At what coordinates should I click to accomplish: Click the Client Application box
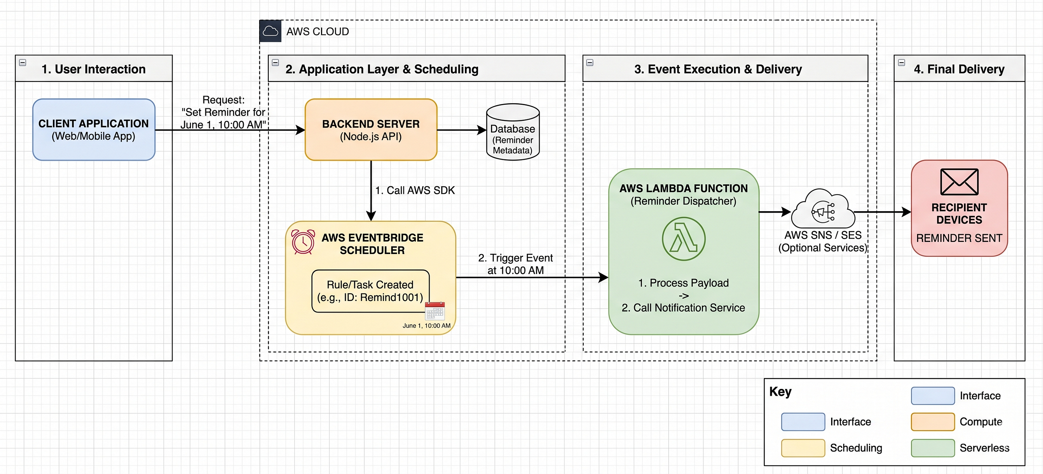click(93, 130)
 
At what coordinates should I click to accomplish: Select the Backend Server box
click(371, 130)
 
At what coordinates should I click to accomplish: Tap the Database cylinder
click(513, 132)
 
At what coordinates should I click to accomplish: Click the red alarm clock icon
click(303, 242)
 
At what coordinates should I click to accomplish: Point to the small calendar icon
click(435, 311)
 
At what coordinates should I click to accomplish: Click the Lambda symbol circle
click(684, 239)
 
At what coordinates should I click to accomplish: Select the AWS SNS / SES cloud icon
click(823, 209)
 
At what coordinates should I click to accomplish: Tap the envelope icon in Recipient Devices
click(959, 182)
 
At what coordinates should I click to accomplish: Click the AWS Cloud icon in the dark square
click(270, 31)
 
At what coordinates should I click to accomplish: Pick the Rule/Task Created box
click(371, 291)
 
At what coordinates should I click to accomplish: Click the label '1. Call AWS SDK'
click(415, 190)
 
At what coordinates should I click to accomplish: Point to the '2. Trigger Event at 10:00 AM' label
click(515, 264)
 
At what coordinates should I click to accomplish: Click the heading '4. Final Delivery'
click(959, 69)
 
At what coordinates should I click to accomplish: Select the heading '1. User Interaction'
click(93, 69)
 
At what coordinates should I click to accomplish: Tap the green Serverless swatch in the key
click(932, 448)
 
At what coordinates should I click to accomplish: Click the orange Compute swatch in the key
click(932, 422)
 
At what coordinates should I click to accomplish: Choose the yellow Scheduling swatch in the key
click(803, 448)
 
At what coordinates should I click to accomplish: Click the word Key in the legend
click(780, 392)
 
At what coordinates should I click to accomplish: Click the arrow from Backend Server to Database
click(462, 130)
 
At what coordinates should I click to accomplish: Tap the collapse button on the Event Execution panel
click(590, 62)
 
